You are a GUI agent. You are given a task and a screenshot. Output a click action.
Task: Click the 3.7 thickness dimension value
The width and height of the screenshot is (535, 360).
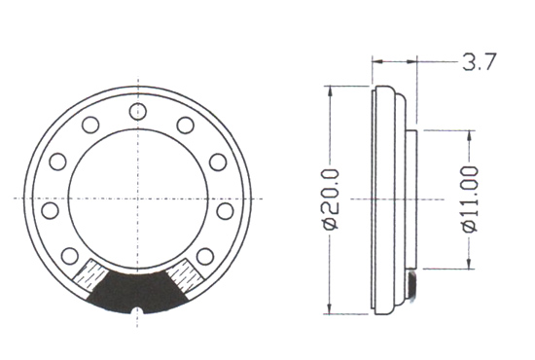pos(479,61)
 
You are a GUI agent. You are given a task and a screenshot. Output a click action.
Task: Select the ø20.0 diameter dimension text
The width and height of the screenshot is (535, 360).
pos(332,199)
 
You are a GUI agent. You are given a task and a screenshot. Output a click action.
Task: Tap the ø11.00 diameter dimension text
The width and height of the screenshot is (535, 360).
pos(470,199)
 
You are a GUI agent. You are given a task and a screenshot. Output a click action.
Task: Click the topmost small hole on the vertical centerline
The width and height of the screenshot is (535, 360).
pos(138,111)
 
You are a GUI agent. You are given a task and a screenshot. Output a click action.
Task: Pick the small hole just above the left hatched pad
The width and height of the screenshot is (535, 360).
pos(70,256)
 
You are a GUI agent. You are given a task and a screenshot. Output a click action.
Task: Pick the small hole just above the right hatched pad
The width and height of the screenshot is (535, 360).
pos(205,256)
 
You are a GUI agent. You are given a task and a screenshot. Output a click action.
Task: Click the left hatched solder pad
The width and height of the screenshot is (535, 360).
pos(89,276)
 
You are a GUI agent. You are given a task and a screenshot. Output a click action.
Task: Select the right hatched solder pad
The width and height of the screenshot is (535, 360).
pos(185,276)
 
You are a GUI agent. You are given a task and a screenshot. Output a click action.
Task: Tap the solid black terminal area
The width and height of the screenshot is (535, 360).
pos(138,292)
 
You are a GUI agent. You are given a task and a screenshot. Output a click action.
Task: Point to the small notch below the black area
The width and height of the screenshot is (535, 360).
pos(137,310)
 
